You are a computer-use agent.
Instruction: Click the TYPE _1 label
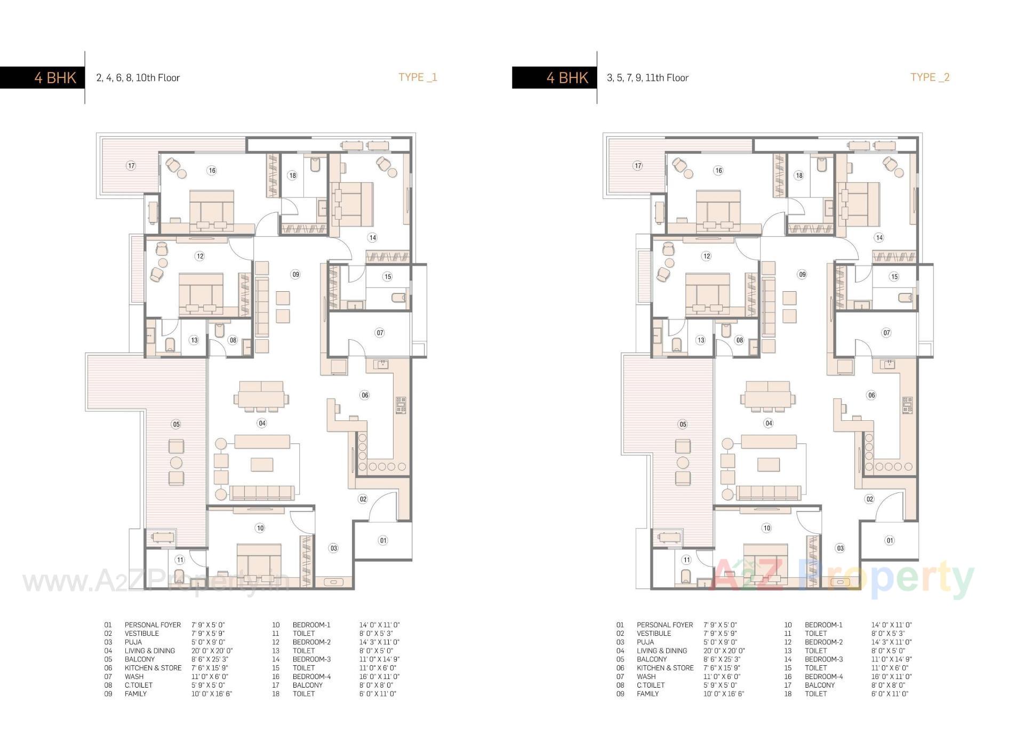418,77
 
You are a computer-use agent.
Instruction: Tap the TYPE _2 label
930,77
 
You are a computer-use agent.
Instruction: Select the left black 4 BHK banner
42,77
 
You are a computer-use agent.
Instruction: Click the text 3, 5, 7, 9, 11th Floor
647,78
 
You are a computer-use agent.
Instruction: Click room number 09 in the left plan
295,274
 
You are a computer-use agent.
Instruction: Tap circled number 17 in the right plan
638,165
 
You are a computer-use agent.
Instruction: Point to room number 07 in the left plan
380,332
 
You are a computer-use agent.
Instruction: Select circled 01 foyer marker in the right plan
890,540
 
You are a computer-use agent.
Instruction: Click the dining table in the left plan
261,398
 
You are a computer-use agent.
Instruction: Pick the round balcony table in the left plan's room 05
176,462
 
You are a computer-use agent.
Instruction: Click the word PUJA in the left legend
133,642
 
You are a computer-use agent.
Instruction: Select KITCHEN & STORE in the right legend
665,668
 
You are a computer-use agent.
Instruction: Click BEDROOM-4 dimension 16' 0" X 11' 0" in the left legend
379,676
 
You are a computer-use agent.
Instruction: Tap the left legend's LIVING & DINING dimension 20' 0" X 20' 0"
212,651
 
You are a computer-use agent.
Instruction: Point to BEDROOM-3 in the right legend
823,659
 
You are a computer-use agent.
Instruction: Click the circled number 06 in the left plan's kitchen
365,395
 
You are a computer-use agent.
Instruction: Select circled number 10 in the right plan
766,528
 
